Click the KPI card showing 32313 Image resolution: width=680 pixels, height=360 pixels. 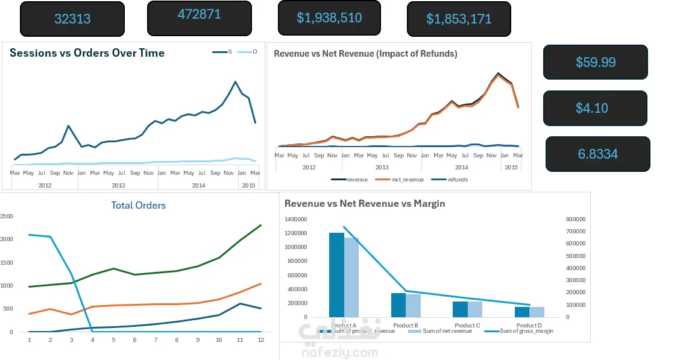pyautogui.click(x=72, y=19)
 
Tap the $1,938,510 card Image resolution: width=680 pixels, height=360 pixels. pyautogui.click(x=329, y=17)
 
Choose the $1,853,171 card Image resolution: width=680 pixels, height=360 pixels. pyautogui.click(x=459, y=19)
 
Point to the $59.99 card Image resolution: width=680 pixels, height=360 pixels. pyautogui.click(x=596, y=62)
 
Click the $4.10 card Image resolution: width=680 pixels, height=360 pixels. pyautogui.click(x=595, y=108)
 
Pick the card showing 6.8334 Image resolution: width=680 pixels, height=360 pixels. pyautogui.click(x=598, y=154)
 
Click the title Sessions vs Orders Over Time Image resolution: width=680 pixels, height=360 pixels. pyautogui.click(x=87, y=53)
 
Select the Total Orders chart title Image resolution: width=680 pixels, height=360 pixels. pyautogui.click(x=138, y=206)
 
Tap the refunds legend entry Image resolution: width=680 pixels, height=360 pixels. pyautogui.click(x=453, y=180)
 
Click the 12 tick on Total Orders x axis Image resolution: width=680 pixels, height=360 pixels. pyautogui.click(x=260, y=340)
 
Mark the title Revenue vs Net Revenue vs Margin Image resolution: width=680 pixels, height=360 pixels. pyautogui.click(x=365, y=204)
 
